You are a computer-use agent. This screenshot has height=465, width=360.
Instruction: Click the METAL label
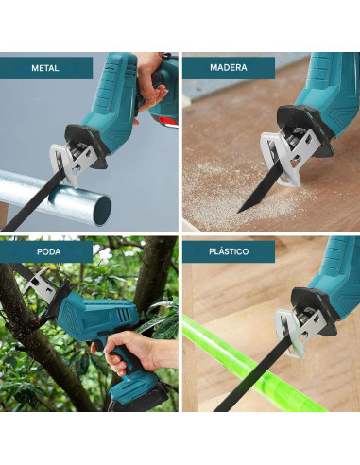[x=45, y=68]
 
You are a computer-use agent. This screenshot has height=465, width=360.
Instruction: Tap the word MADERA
[x=229, y=67]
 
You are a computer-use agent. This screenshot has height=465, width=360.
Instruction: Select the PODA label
[x=49, y=251]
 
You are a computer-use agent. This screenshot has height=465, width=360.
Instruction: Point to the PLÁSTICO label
[x=229, y=251]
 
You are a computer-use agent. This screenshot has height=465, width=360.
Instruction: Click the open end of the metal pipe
[x=102, y=210]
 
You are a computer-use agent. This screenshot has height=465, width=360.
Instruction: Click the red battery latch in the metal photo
[x=167, y=121]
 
